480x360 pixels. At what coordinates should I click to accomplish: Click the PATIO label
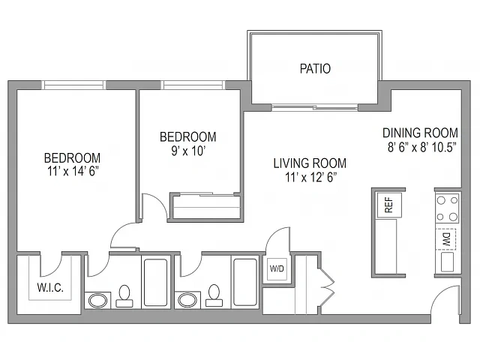tap(315, 68)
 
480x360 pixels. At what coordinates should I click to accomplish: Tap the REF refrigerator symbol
tap(389, 205)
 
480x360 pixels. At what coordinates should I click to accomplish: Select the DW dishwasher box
tap(446, 239)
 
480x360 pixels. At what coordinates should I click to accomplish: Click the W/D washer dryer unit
tap(277, 268)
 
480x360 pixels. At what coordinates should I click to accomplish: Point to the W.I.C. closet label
tap(50, 288)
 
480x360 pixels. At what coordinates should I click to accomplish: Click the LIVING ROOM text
tap(310, 163)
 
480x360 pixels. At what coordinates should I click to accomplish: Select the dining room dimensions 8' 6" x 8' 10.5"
tap(422, 147)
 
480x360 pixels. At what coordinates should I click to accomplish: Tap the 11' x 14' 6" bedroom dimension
tap(73, 172)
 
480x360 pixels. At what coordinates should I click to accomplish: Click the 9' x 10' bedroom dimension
tap(188, 151)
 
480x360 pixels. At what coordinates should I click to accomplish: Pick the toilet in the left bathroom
tap(124, 296)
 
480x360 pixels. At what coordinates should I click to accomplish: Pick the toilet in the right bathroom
tap(214, 295)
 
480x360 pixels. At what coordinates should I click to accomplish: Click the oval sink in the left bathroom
tap(98, 300)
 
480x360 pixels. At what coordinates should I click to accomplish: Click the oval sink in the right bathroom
tap(187, 300)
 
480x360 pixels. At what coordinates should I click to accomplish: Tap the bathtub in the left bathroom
tap(155, 283)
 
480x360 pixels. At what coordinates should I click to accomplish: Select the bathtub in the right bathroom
tap(245, 282)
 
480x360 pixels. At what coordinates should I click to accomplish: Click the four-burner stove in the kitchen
tap(448, 208)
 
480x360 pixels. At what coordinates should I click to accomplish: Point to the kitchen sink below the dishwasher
tap(447, 262)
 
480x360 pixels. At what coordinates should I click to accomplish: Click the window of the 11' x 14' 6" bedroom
tap(73, 85)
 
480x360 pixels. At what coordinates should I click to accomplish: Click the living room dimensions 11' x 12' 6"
tap(311, 177)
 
